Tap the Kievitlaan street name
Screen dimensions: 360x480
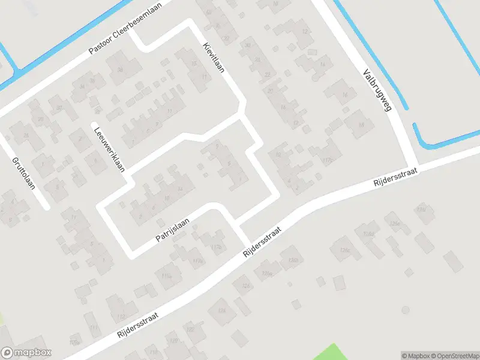click(214, 58)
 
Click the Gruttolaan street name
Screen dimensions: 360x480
click(23, 173)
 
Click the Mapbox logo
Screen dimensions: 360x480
click(26, 353)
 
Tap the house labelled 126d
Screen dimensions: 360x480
click(368, 233)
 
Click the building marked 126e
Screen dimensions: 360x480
click(394, 223)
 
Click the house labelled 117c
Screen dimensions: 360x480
click(327, 160)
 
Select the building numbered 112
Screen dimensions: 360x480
click(91, 328)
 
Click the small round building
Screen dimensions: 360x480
click(406, 310)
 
